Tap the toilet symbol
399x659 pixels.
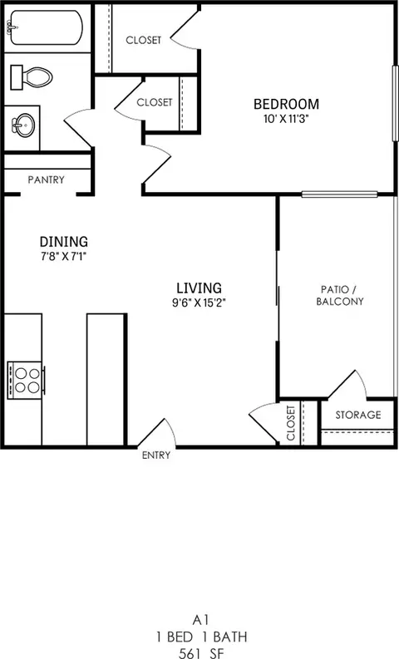pyautogui.click(x=32, y=77)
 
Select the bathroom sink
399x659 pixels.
pyautogui.click(x=25, y=126)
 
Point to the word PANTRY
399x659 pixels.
pyautogui.click(x=47, y=180)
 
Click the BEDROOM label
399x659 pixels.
pyautogui.click(x=286, y=104)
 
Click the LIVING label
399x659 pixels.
pyautogui.click(x=195, y=288)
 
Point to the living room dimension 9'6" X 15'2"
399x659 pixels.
pyautogui.click(x=195, y=302)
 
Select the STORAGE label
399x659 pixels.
pyautogui.click(x=357, y=415)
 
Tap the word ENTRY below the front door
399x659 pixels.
pyautogui.click(x=156, y=455)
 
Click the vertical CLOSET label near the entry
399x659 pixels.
pyautogui.click(x=291, y=423)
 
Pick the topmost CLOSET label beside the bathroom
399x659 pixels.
pyautogui.click(x=143, y=40)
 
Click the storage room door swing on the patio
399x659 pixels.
pyautogui.click(x=349, y=384)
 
